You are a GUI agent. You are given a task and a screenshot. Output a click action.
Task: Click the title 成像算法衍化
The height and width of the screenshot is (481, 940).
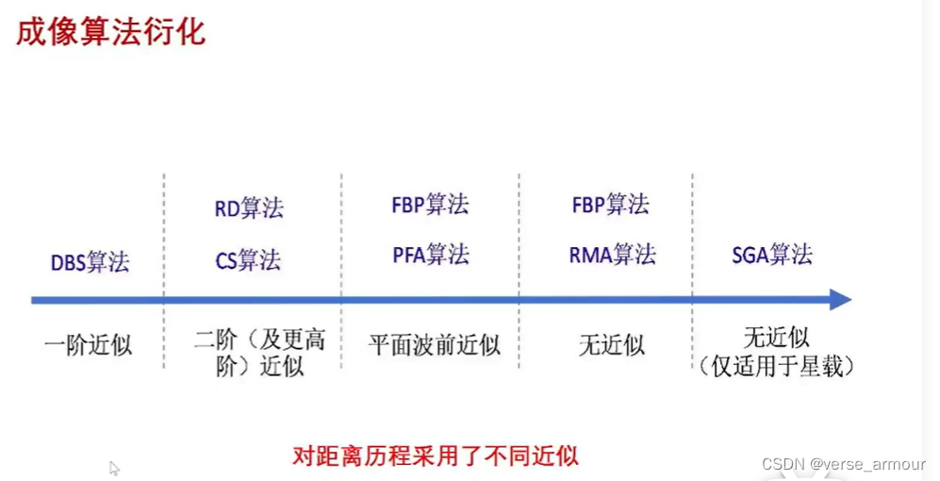coord(110,32)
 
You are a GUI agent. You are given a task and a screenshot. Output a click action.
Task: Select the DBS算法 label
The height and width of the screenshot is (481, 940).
coord(91,261)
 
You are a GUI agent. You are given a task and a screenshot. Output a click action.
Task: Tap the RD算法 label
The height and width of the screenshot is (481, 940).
coord(249,208)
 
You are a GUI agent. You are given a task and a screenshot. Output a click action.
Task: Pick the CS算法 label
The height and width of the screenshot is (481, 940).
coord(249,259)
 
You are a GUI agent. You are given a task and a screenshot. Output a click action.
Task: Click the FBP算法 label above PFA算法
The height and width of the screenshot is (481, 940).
coord(430,205)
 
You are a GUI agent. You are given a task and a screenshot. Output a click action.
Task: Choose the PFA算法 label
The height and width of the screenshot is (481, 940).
coord(430,255)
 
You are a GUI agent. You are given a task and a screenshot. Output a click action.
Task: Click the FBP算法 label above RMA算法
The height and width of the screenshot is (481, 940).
coord(611,205)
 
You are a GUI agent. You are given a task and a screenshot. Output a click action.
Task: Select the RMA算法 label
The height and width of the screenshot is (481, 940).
coord(612,255)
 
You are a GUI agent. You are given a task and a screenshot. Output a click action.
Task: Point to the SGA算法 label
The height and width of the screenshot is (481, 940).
coord(772,255)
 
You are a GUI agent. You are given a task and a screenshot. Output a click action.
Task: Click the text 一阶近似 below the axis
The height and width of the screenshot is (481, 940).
coord(89,344)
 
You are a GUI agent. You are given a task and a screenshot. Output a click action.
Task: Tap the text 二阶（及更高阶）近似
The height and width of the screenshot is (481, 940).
coord(260,353)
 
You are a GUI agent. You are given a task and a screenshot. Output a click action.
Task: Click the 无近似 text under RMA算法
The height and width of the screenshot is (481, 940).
coord(612,344)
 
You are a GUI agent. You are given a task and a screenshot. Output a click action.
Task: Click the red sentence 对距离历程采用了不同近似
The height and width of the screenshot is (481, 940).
coord(436,456)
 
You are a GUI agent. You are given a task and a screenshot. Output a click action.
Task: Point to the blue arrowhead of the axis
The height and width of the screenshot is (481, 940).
coord(839,300)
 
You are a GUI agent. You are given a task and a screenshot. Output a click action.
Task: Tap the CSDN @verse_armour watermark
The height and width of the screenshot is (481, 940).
coord(843,465)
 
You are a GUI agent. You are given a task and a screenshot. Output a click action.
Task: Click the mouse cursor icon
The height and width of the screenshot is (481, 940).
coord(114,468)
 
